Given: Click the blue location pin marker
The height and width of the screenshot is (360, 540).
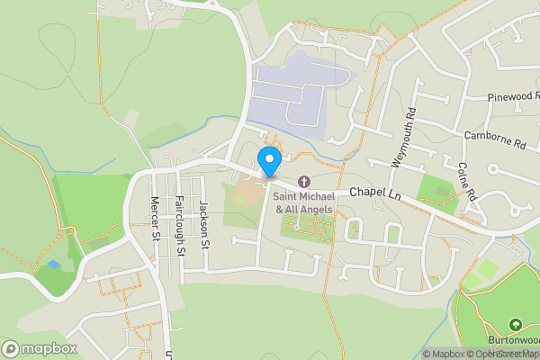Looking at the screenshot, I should pos(268,160).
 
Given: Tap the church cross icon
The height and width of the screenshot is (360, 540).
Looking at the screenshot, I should pos(303,182).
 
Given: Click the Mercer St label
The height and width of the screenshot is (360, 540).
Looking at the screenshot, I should pos(155,218).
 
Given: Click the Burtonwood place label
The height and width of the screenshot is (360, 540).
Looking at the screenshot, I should pos(514,341).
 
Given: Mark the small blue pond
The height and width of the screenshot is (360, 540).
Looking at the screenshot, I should pos(52,266).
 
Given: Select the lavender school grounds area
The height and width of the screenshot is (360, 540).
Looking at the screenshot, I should pos(297,90).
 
